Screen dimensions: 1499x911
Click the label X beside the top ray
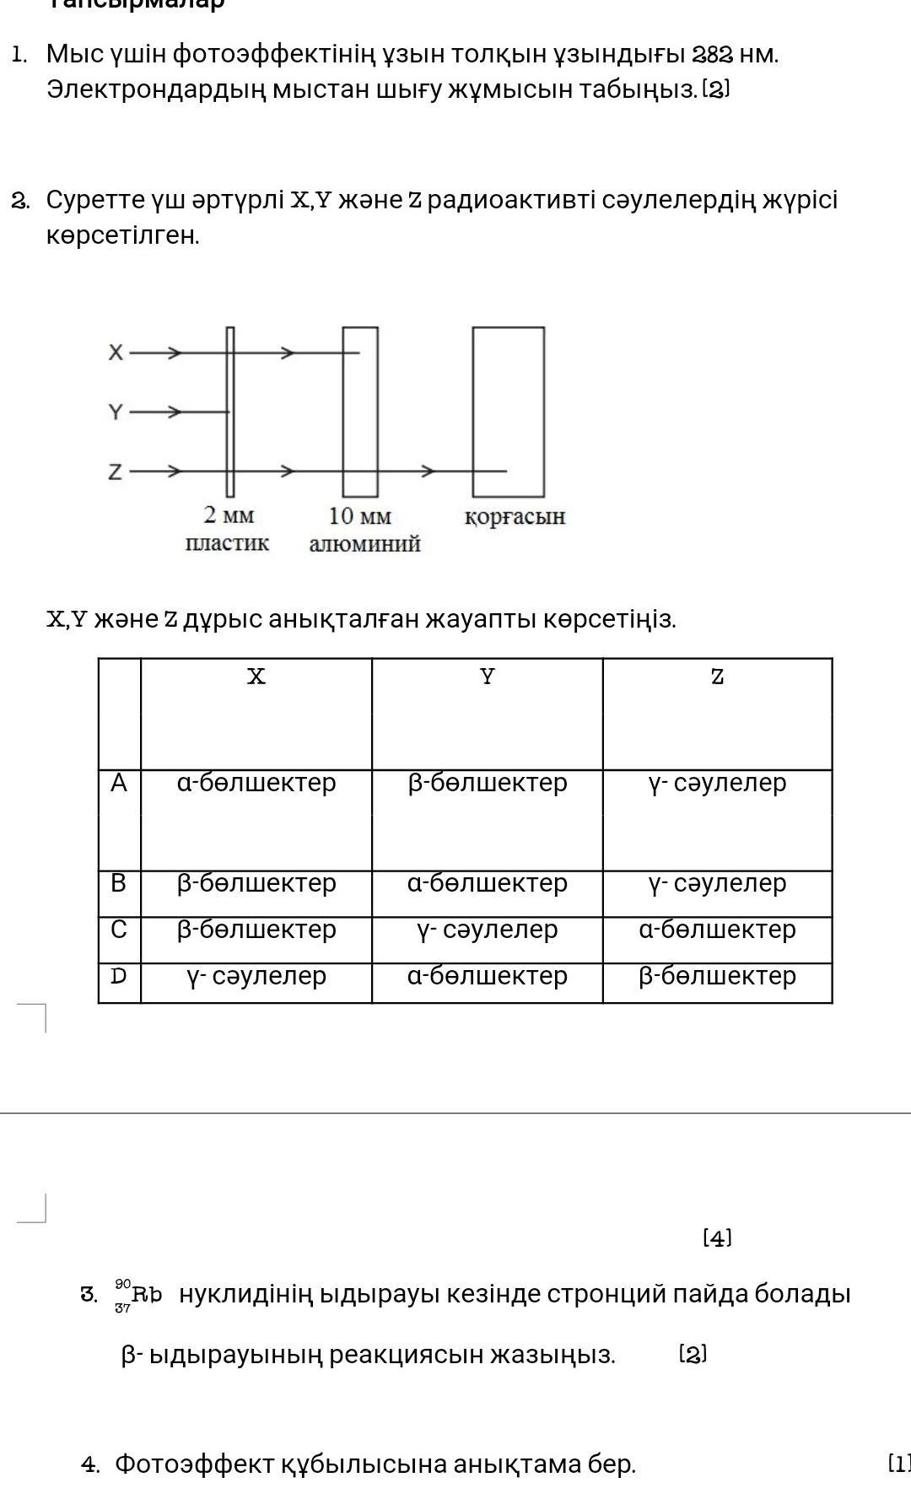pyautogui.click(x=116, y=353)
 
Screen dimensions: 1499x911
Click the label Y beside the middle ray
pyautogui.click(x=116, y=412)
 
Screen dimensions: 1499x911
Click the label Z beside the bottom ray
pyautogui.click(x=116, y=472)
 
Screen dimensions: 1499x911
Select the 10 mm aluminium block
pyautogui.click(x=360, y=412)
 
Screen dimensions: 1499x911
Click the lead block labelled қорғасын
pyautogui.click(x=508, y=412)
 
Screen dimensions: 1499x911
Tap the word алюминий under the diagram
pyautogui.click(x=364, y=544)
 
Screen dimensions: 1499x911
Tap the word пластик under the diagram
pyautogui.click(x=227, y=543)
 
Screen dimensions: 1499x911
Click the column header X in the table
pyautogui.click(x=256, y=677)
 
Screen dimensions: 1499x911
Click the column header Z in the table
pyautogui.click(x=717, y=677)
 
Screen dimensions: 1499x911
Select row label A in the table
pyautogui.click(x=119, y=784)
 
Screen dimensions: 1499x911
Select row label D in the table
pyautogui.click(x=119, y=976)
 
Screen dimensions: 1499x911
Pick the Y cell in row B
pyautogui.click(x=487, y=883)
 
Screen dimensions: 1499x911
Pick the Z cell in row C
pyautogui.click(x=717, y=930)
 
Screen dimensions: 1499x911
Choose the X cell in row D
pyautogui.click(x=256, y=976)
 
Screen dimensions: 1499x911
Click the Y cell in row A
pyautogui.click(x=487, y=784)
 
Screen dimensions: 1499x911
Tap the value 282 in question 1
pyautogui.click(x=710, y=55)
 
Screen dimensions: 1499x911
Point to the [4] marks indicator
pyautogui.click(x=717, y=1238)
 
